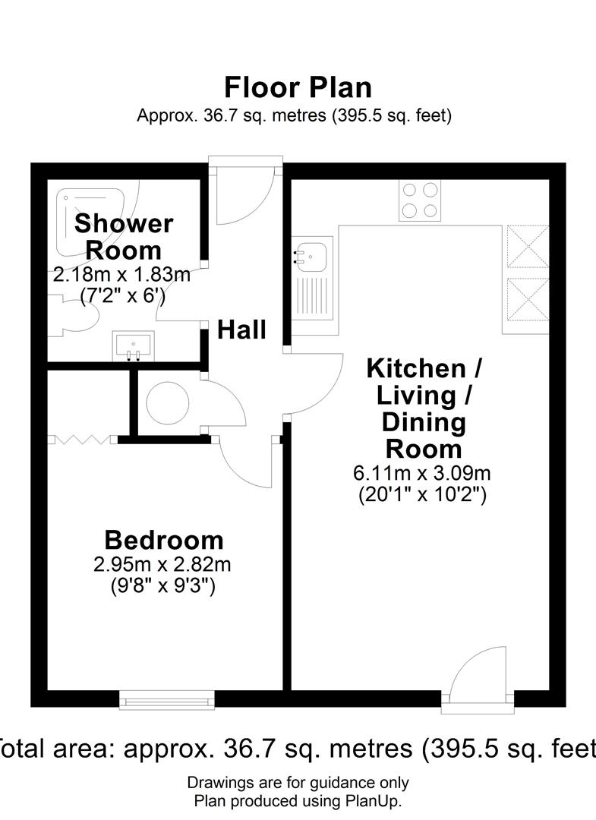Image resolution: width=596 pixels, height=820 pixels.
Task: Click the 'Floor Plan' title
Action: (298, 87)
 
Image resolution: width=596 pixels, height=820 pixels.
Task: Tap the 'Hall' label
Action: (241, 330)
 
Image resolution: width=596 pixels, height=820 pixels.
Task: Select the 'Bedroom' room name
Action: (164, 541)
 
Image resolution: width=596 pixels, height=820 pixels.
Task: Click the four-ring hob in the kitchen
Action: (420, 200)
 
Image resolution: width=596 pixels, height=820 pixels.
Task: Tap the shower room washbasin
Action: (134, 345)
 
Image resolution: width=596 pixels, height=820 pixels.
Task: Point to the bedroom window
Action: (167, 700)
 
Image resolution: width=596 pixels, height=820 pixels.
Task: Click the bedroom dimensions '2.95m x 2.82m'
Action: (162, 565)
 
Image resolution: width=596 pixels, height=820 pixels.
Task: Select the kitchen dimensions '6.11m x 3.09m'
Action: (422, 473)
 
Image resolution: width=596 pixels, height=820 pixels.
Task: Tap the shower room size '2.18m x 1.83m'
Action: (121, 274)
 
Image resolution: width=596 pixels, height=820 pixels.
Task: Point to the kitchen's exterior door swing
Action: (479, 671)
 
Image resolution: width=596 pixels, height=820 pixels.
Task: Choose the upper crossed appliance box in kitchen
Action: (527, 246)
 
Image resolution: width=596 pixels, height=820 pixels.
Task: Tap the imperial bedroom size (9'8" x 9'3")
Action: (163, 585)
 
